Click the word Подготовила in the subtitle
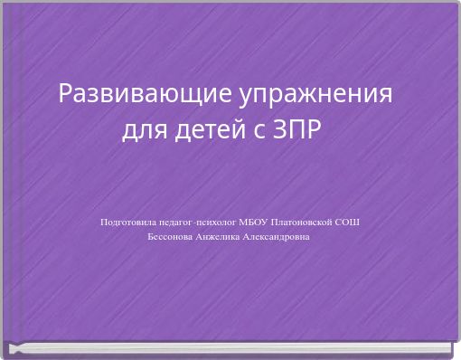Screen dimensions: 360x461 pos(127,221)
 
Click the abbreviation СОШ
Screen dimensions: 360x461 pos(347,221)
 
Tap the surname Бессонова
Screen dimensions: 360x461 pos(169,237)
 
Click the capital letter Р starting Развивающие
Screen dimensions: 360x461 pos(64,94)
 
